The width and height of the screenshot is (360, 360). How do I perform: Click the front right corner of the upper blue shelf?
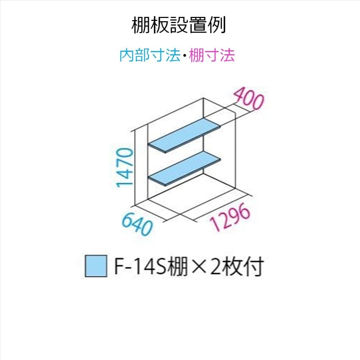[x=166, y=152]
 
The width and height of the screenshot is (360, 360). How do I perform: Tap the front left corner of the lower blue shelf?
[x=149, y=177]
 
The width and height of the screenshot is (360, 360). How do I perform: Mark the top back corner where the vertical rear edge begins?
[x=204, y=98]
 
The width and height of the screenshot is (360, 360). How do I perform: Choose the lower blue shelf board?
[x=184, y=168]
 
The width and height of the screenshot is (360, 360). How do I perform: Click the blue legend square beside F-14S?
[x=96, y=266]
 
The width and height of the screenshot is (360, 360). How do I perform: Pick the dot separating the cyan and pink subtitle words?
[x=184, y=55]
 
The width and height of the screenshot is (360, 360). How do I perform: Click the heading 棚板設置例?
[x=179, y=25]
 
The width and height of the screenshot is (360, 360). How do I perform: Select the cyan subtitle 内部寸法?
[x=150, y=55]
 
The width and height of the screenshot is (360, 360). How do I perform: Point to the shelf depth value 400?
[x=249, y=99]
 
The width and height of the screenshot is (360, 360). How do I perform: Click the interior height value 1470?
[x=125, y=168]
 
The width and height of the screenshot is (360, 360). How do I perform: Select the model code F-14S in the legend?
[x=140, y=267]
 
